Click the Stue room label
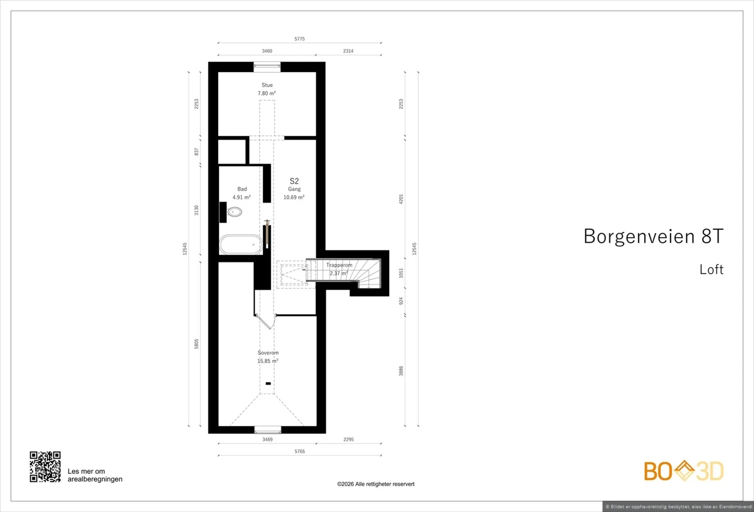click(267, 85)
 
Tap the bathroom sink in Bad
click(235, 212)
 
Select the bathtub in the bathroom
click(241, 244)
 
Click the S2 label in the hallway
click(294, 181)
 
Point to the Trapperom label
click(339, 265)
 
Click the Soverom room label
click(268, 353)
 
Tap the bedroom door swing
click(266, 322)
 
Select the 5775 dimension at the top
click(300, 39)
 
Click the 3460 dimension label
click(267, 51)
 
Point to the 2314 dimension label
click(348, 51)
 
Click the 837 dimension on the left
click(197, 151)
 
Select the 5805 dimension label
click(197, 344)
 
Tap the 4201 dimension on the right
click(401, 199)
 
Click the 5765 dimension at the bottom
click(300, 451)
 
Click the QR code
click(45, 467)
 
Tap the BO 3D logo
click(684, 471)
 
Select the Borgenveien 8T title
click(653, 236)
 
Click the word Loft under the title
click(711, 269)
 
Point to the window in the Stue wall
click(267, 67)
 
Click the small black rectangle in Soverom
click(268, 384)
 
